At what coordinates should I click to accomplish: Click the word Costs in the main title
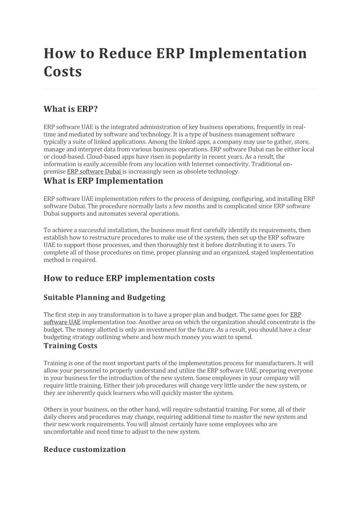click(x=63, y=72)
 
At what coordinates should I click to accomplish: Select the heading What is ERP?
click(x=71, y=109)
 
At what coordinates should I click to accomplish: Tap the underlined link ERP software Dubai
click(x=94, y=172)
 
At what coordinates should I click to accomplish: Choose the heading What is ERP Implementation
click(x=103, y=181)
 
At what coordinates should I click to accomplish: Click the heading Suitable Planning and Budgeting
click(x=104, y=297)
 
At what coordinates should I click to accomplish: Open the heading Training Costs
click(x=70, y=346)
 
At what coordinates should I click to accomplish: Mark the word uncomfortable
click(x=66, y=431)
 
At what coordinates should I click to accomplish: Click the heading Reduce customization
click(x=84, y=449)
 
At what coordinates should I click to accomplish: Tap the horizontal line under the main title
click(x=180, y=89)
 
